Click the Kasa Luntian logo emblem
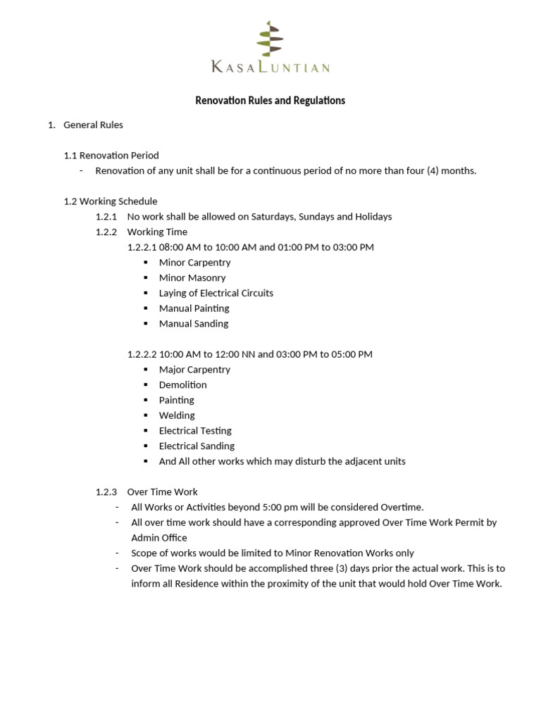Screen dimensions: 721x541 click(268, 39)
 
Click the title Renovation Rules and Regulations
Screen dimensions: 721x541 click(270, 101)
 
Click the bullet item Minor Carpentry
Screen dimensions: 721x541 click(194, 263)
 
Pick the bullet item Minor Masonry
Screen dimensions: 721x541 click(192, 278)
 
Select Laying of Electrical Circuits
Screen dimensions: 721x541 click(216, 293)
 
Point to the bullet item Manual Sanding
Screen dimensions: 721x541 click(194, 324)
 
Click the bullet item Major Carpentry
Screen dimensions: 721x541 click(194, 370)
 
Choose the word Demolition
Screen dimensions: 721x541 click(183, 385)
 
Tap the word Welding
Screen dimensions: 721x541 click(177, 415)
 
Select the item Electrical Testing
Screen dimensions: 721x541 click(195, 431)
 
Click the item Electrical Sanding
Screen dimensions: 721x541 click(197, 446)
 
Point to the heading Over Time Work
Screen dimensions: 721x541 click(162, 492)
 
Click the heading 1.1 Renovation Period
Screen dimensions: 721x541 click(111, 156)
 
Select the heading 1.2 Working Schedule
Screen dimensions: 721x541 click(111, 201)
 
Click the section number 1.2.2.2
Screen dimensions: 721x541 click(142, 354)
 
